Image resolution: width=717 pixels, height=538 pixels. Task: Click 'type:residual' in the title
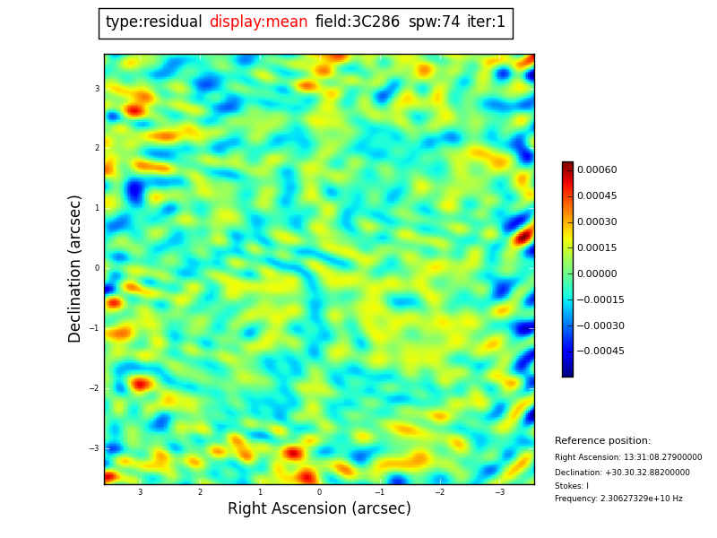pyautogui.click(x=153, y=22)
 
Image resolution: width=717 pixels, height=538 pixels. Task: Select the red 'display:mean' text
pyautogui.click(x=258, y=22)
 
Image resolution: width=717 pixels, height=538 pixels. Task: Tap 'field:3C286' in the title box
pyautogui.click(x=358, y=22)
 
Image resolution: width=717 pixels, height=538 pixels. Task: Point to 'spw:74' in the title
pyautogui.click(x=434, y=22)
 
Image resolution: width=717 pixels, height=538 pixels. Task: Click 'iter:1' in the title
pyautogui.click(x=486, y=22)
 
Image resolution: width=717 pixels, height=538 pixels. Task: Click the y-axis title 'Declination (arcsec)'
pyautogui.click(x=75, y=268)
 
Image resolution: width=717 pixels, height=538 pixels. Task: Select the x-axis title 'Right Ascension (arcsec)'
pyautogui.click(x=319, y=509)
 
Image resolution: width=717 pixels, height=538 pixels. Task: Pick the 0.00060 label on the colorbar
pyautogui.click(x=597, y=170)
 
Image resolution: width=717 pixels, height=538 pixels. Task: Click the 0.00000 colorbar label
pyautogui.click(x=597, y=274)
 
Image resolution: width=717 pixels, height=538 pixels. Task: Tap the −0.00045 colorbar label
pyautogui.click(x=600, y=351)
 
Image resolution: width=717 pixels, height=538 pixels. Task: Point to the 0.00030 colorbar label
pyautogui.click(x=597, y=222)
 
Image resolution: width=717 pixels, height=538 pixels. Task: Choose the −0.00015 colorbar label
pyautogui.click(x=600, y=300)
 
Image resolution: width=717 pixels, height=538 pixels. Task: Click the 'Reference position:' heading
pyautogui.click(x=602, y=441)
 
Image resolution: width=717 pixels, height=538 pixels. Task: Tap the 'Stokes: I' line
pyautogui.click(x=572, y=486)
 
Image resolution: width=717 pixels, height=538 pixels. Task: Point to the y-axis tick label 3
pyautogui.click(x=97, y=89)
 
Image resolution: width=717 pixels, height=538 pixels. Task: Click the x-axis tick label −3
pyautogui.click(x=500, y=492)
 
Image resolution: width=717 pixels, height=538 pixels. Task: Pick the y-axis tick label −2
pyautogui.click(x=95, y=388)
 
